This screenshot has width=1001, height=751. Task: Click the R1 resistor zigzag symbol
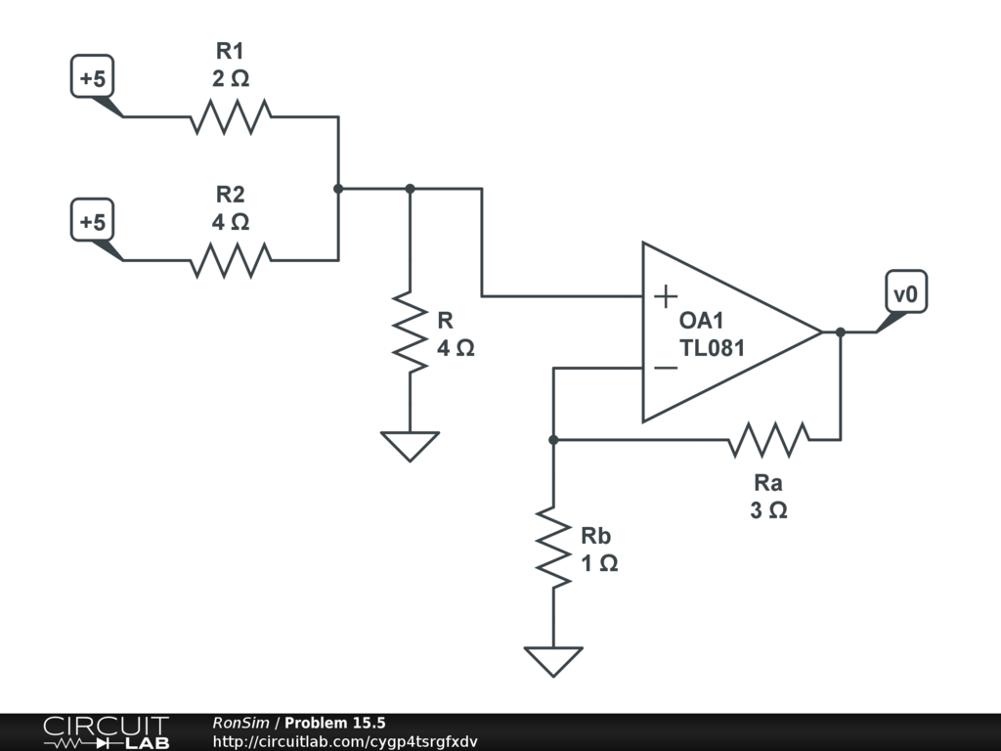(231, 117)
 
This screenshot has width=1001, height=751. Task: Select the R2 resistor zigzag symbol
(231, 260)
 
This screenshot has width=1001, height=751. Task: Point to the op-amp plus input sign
(665, 296)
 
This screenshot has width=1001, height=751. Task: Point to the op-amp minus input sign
(665, 368)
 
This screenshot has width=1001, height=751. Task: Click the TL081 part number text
(712, 348)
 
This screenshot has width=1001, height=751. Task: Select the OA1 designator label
(701, 320)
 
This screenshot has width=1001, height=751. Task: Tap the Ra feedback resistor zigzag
(768, 439)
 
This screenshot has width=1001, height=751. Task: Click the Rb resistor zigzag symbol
(553, 548)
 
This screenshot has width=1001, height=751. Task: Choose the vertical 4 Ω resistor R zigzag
(410, 332)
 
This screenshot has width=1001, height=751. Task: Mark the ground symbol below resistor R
(410, 446)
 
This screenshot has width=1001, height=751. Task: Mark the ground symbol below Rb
(553, 661)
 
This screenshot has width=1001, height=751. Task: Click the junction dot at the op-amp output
(840, 332)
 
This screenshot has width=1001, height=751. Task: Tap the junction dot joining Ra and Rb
(553, 439)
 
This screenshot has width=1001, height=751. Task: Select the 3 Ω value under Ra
(768, 510)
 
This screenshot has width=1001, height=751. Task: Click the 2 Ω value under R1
(231, 78)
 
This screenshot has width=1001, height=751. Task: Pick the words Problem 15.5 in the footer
(335, 723)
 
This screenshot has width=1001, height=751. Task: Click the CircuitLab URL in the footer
(345, 741)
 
